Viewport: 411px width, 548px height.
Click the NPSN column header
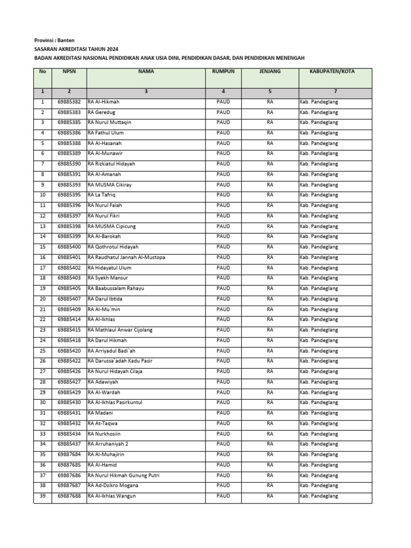pos(68,71)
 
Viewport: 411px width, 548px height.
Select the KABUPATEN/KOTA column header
pos(335,71)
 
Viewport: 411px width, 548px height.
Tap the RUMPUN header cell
pos(223,71)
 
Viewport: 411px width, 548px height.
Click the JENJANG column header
pos(270,71)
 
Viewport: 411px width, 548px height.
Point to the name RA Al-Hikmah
pos(104,102)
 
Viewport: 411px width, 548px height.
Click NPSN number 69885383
pos(68,112)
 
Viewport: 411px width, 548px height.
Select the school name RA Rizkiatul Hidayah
pos(111,164)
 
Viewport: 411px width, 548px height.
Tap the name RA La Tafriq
pos(102,195)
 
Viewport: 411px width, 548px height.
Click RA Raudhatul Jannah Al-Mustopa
pos(126,257)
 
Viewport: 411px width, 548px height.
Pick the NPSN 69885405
pos(68,288)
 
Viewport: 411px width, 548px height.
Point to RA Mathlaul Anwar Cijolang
pos(120,330)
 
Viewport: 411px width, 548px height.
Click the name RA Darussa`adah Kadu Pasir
pos(120,361)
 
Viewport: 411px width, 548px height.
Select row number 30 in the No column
pos(43,402)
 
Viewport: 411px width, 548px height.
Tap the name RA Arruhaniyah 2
pos(108,444)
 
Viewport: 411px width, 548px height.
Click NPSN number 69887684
pos(68,454)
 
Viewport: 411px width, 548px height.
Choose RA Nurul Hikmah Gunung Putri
pos(124,475)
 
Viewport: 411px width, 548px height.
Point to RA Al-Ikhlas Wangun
pos(112,496)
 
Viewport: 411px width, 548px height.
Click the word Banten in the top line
pos(67,40)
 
